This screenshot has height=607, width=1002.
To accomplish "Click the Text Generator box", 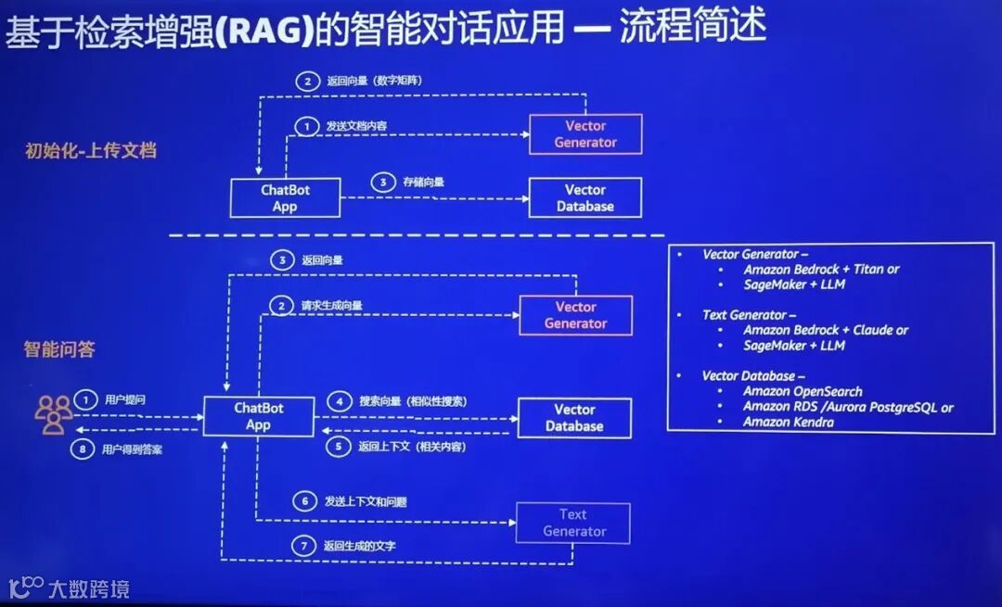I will tap(573, 523).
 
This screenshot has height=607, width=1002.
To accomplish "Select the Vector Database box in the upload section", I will tap(584, 197).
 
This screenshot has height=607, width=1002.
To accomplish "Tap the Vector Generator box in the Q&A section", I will tap(575, 315).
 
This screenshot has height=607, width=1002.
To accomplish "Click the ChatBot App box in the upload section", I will tap(285, 198).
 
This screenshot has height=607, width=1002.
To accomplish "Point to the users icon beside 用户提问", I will tap(54, 414).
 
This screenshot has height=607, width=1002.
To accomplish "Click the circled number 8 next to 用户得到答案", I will tap(85, 449).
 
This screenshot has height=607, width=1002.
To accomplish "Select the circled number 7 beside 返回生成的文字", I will tap(302, 546).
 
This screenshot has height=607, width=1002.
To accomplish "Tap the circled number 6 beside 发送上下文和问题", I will tap(302, 501).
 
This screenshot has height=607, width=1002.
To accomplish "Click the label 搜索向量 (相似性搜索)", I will tap(412, 401).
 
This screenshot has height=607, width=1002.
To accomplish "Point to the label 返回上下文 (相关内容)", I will tap(412, 447).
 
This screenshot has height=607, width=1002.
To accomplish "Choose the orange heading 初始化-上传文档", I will tap(90, 150).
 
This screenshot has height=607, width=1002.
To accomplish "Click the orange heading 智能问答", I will tap(59, 349).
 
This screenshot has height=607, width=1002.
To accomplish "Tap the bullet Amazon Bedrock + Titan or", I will tap(821, 270).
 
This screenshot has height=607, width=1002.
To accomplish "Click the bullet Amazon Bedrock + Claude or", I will tap(826, 330).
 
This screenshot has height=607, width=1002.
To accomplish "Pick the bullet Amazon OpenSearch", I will tap(803, 391).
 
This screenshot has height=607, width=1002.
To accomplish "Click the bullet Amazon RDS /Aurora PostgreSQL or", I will tap(848, 407).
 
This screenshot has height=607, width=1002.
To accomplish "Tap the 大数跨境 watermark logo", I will tap(69, 588).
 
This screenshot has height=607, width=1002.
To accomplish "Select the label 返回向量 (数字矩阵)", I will tap(374, 82).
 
